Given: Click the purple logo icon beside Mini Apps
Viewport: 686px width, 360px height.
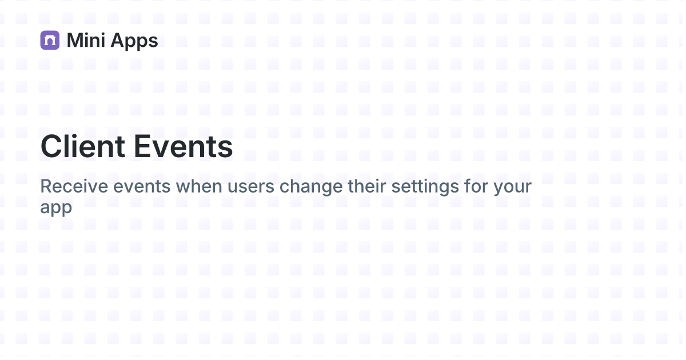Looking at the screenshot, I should click(50, 40).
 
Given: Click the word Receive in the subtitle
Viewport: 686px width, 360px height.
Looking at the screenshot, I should click(73, 187).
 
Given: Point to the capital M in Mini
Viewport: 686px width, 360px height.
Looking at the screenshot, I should click(75, 40).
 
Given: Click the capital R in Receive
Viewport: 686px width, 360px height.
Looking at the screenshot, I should click(46, 187).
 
